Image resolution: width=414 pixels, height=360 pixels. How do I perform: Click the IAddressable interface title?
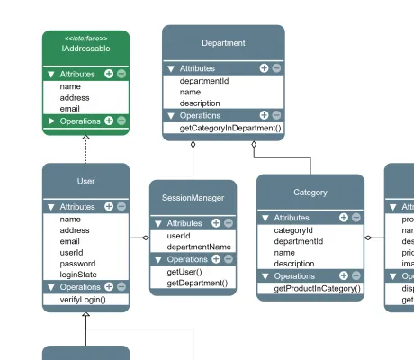(x=85, y=48)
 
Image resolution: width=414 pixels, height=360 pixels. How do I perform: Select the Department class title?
(x=223, y=43)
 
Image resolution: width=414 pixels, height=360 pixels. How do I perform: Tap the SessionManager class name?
(x=193, y=197)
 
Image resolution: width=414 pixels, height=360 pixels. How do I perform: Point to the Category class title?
(x=310, y=193)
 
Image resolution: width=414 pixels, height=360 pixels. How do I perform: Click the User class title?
(x=86, y=182)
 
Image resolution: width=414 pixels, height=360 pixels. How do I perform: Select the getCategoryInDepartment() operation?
(x=230, y=128)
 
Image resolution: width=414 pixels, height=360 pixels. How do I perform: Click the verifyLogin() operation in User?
(x=83, y=299)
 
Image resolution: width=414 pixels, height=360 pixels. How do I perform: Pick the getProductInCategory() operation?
(x=318, y=288)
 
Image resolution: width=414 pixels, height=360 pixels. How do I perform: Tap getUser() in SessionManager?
(x=184, y=271)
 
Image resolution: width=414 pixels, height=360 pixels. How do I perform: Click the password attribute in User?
(x=77, y=264)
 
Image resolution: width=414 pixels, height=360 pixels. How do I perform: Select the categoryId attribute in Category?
(x=293, y=229)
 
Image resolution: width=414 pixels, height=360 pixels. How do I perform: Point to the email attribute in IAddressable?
(x=70, y=108)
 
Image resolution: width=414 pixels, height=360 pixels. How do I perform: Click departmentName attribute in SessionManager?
(x=199, y=247)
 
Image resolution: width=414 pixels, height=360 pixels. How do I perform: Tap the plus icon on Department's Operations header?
(x=265, y=115)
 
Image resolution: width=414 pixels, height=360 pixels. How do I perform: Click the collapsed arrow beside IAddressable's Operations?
(x=52, y=121)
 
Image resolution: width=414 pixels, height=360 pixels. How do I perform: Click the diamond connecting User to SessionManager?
(x=145, y=238)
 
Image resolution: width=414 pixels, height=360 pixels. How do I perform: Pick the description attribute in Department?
(x=200, y=103)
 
